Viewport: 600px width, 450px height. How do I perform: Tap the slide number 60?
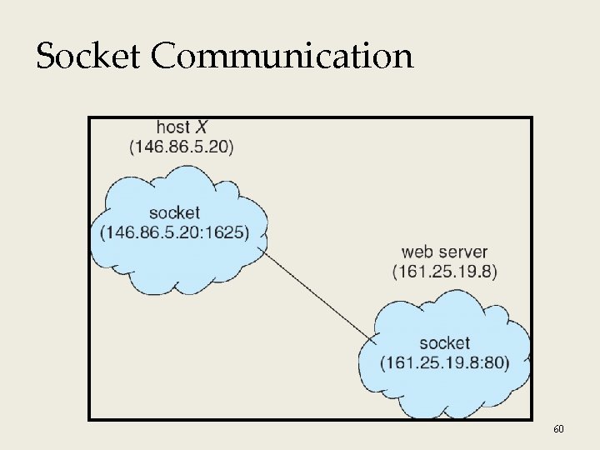[x=558, y=428]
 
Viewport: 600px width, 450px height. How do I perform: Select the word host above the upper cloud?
[x=172, y=127]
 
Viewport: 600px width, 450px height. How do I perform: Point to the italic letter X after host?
[x=202, y=127]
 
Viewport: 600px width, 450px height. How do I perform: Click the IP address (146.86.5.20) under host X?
[x=182, y=147]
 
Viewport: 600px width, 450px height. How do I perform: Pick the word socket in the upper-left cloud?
[x=174, y=213]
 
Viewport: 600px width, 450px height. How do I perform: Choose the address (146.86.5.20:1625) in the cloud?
[x=174, y=232]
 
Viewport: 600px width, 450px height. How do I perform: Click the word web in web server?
[x=417, y=252]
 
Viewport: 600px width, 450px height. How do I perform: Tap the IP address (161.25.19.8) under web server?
[x=444, y=271]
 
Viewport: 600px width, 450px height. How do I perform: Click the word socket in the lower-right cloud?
[x=444, y=342]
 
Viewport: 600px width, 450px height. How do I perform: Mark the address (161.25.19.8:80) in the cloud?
[x=444, y=362]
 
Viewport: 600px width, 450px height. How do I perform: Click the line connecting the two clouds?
[x=317, y=292]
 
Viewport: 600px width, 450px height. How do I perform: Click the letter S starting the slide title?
[x=45, y=57]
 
